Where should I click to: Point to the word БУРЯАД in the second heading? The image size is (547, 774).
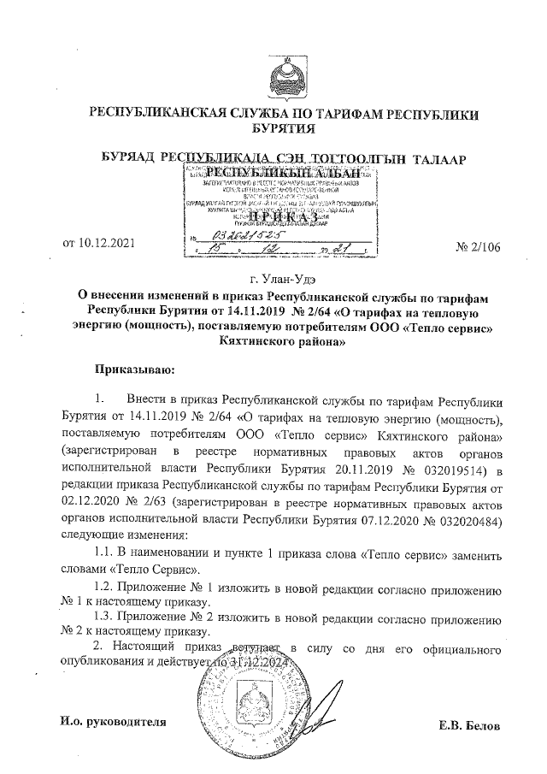click(128, 160)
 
